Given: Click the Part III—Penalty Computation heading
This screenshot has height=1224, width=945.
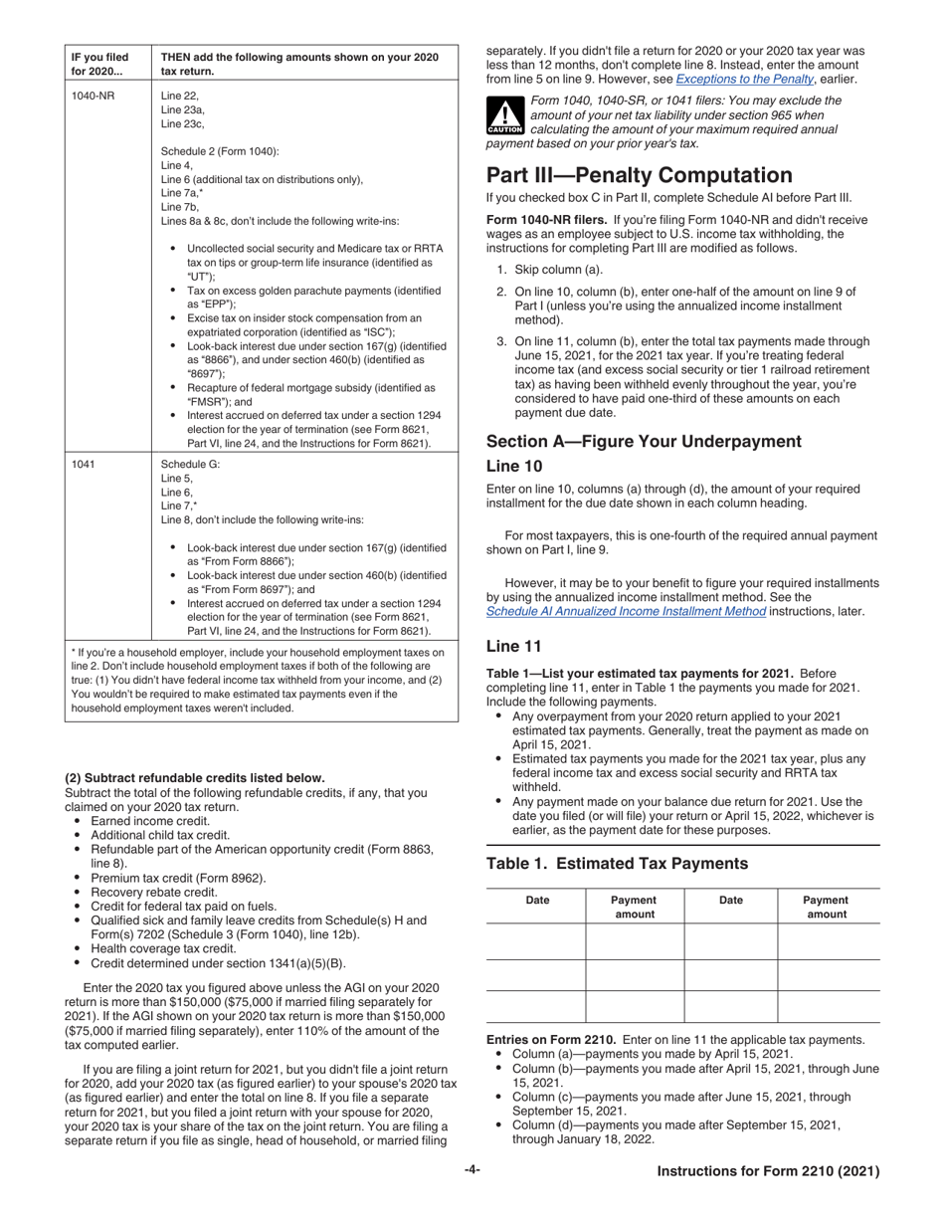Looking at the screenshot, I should coord(640,175).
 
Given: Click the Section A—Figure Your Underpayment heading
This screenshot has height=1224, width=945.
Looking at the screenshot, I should coord(644,441).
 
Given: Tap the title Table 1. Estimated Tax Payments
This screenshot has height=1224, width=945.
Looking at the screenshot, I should coord(617,864).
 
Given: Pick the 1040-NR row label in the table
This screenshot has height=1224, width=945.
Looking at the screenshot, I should coord(92,96).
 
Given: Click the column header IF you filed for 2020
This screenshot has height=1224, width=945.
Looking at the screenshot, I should coord(99,64).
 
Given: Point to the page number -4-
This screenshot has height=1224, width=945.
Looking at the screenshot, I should coord(472,1171).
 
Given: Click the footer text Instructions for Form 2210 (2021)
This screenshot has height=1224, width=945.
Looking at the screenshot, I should coord(768,1172).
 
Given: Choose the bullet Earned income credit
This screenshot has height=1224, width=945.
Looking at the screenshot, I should coord(149,821).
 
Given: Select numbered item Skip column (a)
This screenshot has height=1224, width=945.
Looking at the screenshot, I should coord(553,270).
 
